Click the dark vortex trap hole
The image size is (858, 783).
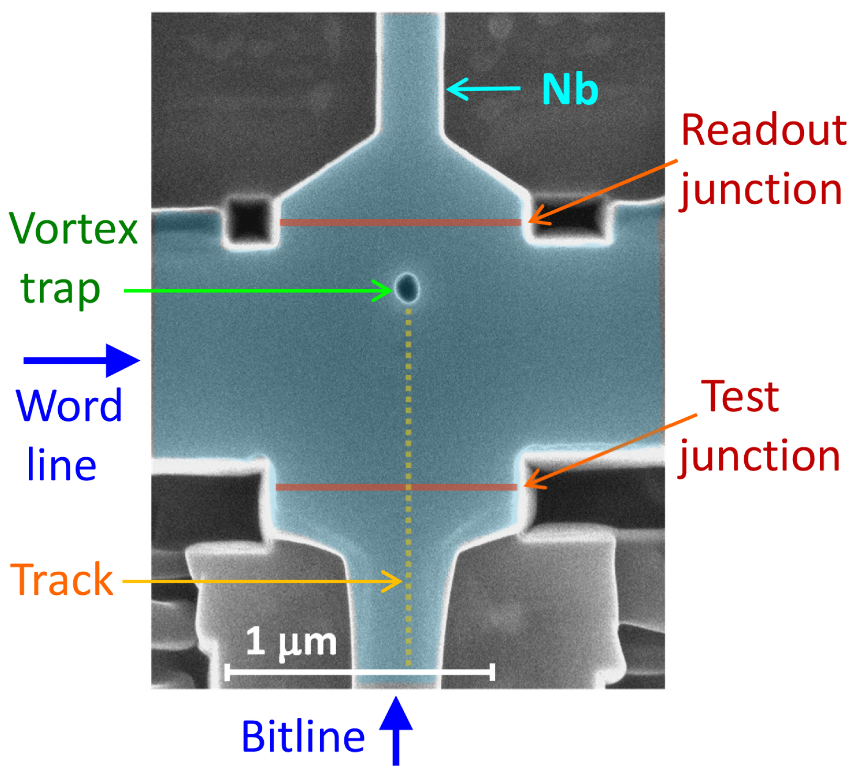pos(407,288)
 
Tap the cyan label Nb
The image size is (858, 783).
pos(570,90)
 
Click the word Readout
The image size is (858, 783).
pos(764,130)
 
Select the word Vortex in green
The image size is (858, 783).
pos(73,229)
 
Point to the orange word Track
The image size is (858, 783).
pos(62,580)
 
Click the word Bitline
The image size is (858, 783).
pos(303,736)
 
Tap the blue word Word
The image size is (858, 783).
pos(69,406)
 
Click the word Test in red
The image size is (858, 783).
pos(740,397)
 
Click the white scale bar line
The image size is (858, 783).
pos(360,671)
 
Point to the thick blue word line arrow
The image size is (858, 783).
pos(82,361)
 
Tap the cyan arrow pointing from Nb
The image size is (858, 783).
pos(483,89)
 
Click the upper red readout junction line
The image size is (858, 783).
pos(400,223)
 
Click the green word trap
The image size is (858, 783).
pos(60,289)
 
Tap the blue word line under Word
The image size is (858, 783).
pos(61,464)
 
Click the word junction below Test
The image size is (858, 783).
pos(759,457)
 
